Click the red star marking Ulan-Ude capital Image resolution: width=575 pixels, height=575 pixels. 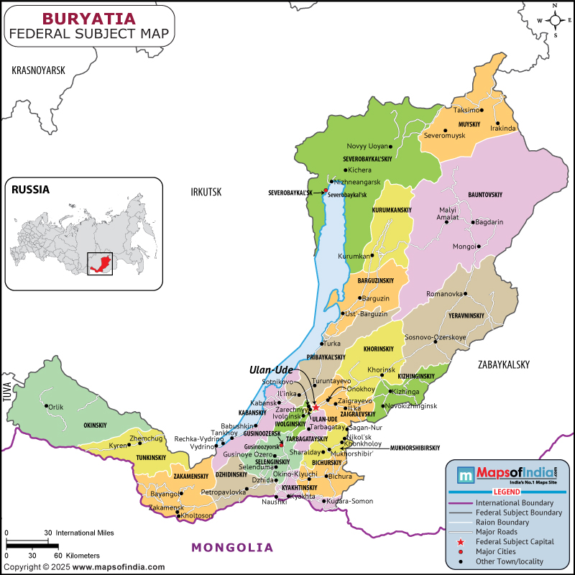click(x=316, y=408)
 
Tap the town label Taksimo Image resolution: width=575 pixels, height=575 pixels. click(x=466, y=111)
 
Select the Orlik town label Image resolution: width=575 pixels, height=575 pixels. click(x=56, y=407)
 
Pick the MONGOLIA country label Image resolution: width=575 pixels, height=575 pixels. click(x=232, y=547)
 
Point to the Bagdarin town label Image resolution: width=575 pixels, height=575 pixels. click(x=489, y=222)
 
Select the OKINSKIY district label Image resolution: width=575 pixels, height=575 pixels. click(x=95, y=425)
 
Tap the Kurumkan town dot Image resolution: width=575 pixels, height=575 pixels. click(x=373, y=256)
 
